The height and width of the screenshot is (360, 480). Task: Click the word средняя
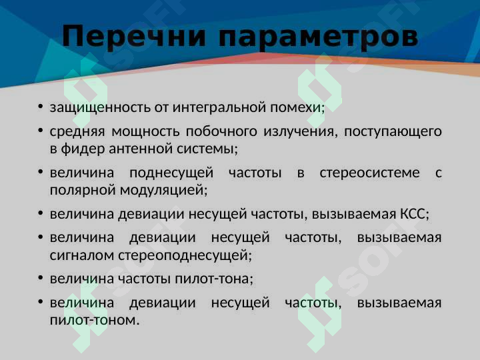(x=75, y=131)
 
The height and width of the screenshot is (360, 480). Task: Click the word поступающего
(x=393, y=131)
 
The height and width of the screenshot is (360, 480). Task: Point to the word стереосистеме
(x=369, y=173)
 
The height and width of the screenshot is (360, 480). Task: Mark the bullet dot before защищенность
(x=41, y=107)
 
